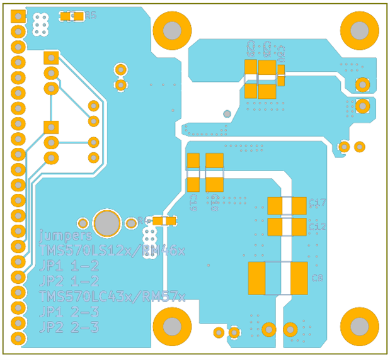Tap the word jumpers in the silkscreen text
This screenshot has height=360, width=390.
point(65,235)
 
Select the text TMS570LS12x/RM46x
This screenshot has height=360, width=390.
point(112,250)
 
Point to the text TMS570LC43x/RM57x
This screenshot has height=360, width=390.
point(112,296)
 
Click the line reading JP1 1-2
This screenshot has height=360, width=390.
point(69,266)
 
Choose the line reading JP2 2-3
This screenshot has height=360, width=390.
point(69,327)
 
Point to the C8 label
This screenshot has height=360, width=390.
point(318,278)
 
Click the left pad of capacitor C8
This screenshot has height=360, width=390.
point(258,278)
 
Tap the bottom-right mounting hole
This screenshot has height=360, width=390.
point(359,326)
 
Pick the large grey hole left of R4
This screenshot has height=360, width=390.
point(107,223)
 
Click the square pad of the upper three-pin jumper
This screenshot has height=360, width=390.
point(50,58)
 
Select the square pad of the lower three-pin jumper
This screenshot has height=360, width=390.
point(50,127)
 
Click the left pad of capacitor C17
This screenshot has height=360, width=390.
point(277,205)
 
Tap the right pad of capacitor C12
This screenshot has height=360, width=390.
point(299,227)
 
